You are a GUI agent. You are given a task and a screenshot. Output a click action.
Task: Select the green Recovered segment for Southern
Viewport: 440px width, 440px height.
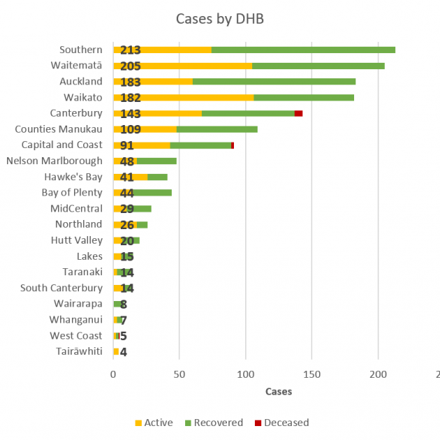tap(303, 50)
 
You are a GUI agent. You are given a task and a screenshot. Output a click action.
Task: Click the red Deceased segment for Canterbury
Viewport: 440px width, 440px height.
tap(298, 113)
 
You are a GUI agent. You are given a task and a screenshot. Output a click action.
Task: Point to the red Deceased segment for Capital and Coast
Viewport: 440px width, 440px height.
tap(233, 145)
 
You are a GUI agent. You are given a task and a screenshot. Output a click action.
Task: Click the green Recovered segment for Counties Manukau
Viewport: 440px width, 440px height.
tap(217, 129)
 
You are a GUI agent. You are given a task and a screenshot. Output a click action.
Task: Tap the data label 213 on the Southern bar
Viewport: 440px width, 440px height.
tap(131, 50)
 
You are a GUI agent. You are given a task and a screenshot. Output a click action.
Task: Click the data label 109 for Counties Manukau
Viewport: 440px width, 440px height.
tap(131, 129)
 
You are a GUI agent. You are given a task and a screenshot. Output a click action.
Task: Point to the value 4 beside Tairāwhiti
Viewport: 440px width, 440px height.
tap(124, 352)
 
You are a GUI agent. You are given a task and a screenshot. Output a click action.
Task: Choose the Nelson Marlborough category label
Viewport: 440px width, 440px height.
tap(54, 161)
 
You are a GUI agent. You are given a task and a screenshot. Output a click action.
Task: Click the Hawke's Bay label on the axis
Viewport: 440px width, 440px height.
tap(72, 177)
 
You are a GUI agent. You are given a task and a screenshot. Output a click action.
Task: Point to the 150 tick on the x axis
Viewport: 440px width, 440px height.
tap(311, 374)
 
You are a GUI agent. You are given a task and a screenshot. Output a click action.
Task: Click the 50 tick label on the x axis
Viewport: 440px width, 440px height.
tap(179, 374)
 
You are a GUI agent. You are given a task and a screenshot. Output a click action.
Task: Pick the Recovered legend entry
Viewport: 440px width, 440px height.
tap(213, 423)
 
